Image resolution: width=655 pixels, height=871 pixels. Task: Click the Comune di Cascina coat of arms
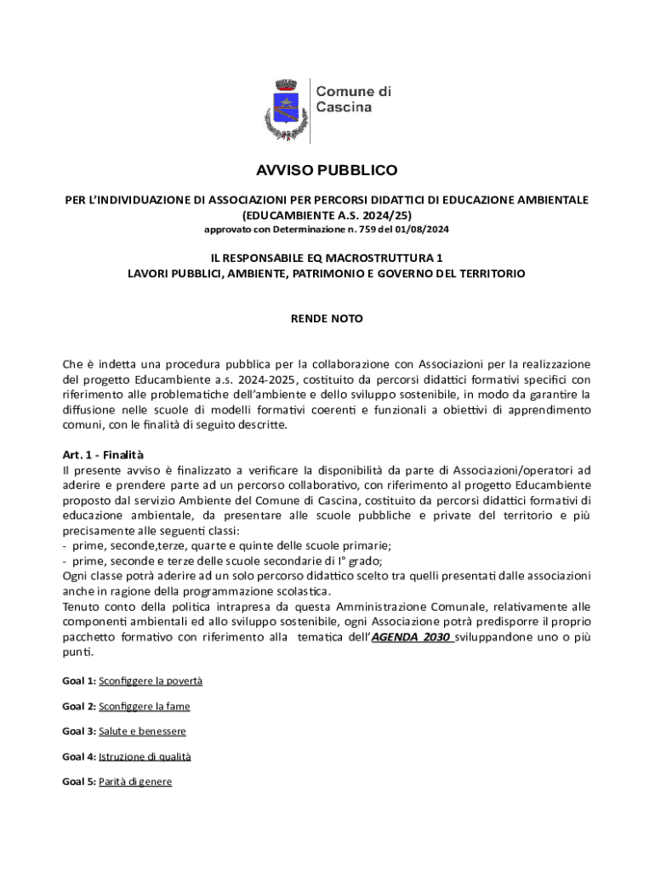click(284, 109)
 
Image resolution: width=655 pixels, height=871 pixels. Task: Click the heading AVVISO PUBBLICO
click(327, 171)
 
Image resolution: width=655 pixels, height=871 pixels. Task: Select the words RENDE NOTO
click(327, 319)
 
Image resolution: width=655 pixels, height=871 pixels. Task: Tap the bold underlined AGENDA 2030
click(412, 637)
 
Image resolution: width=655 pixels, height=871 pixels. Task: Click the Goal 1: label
click(79, 681)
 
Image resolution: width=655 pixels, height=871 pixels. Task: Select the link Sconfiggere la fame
click(145, 707)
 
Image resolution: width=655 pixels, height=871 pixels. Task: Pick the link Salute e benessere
click(142, 732)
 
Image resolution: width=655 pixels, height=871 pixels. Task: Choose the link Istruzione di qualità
click(145, 756)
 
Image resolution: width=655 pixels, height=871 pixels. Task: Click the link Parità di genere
click(135, 782)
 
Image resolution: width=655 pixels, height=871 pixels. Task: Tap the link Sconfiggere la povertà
click(151, 681)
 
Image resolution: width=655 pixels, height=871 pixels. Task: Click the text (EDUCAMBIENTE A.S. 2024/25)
click(327, 215)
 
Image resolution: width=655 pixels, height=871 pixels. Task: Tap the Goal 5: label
click(79, 782)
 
